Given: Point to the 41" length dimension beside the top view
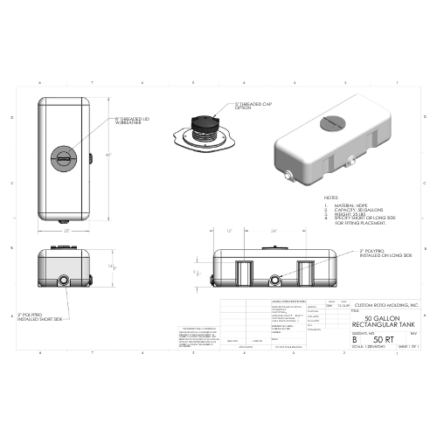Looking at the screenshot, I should tap(108, 155).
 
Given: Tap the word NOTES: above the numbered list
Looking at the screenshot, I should tap(331, 198).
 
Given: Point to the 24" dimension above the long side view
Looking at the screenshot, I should tap(274, 232).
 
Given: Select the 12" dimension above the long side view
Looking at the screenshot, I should tap(229, 232).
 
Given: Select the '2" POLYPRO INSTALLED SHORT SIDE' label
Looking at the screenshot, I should tap(38, 316).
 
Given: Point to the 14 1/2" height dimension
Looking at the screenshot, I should tap(110, 267).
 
